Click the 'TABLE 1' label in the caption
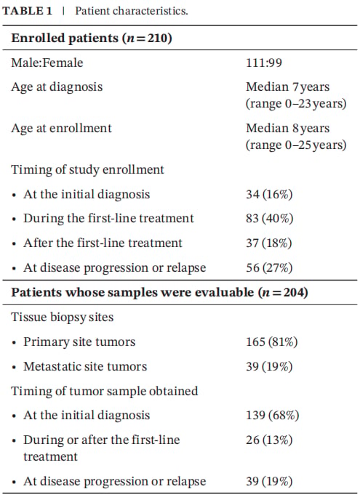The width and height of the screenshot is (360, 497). [x=27, y=11]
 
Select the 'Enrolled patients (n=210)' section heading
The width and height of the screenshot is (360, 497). [x=92, y=38]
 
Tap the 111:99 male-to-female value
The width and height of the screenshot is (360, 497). [x=264, y=62]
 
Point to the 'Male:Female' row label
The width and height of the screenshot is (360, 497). [x=47, y=62]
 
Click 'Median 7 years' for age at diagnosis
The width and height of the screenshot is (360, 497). [x=288, y=86]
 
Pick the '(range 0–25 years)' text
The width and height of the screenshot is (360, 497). [x=296, y=145]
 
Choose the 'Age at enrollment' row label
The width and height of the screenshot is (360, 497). [x=61, y=128]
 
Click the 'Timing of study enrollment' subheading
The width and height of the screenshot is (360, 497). [x=87, y=169]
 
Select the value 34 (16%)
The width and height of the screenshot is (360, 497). [x=269, y=194]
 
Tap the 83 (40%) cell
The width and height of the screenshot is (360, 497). [x=269, y=219]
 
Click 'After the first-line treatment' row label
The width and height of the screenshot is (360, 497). [x=103, y=243]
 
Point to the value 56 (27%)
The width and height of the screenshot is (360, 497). [x=269, y=267]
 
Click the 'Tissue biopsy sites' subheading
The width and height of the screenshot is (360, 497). [x=62, y=317]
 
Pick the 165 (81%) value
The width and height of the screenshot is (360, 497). [x=271, y=342]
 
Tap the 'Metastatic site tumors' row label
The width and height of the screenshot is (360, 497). [x=85, y=366]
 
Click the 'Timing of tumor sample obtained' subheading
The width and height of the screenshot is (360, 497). [x=104, y=391]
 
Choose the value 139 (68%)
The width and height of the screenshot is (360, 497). [x=272, y=415]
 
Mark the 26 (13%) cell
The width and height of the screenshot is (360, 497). [x=269, y=440]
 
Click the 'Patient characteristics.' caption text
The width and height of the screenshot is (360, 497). [x=132, y=11]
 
